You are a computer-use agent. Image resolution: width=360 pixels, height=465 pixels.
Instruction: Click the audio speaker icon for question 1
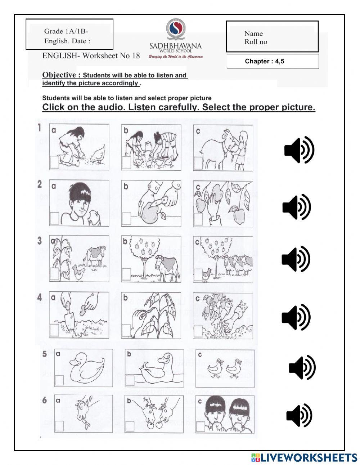coord(299,149)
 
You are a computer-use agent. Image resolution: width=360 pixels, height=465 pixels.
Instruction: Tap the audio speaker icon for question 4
coord(296,317)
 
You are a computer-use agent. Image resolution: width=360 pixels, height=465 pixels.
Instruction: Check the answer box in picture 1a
coord(54,162)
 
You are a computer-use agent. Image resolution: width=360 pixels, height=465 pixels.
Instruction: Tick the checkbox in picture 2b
coord(126,218)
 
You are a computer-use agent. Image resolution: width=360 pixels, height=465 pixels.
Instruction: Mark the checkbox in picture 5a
coord(59,380)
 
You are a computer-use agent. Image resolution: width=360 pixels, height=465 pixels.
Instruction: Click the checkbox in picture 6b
coord(130,426)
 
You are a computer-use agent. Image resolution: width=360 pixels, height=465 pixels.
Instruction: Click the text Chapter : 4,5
coord(265,61)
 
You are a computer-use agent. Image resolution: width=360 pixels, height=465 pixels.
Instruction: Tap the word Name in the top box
coord(253,33)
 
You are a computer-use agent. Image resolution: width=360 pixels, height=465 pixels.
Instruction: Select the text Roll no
coord(256,42)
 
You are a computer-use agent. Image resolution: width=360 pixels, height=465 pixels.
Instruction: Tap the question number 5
coord(45,354)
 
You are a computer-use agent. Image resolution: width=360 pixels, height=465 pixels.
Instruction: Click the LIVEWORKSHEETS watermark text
coord(309,457)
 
